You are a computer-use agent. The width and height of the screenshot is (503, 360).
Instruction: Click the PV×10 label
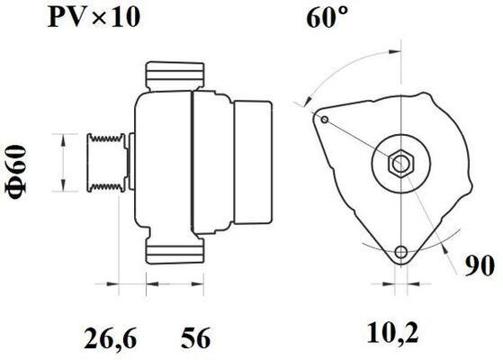(94, 17)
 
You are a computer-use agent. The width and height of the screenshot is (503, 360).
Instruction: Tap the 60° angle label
(327, 18)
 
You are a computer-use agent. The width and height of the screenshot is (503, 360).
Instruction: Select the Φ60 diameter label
(15, 172)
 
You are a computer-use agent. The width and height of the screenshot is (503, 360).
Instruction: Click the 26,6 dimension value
(111, 338)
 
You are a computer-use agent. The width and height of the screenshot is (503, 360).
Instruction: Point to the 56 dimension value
(195, 337)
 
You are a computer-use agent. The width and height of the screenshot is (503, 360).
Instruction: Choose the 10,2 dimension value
(392, 334)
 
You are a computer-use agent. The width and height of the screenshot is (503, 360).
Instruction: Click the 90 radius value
(480, 266)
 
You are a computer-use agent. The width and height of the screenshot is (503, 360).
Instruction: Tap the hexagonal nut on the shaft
(401, 163)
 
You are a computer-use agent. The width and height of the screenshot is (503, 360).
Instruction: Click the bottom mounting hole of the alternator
(401, 252)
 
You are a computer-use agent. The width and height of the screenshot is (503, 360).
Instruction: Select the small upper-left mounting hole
(325, 120)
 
